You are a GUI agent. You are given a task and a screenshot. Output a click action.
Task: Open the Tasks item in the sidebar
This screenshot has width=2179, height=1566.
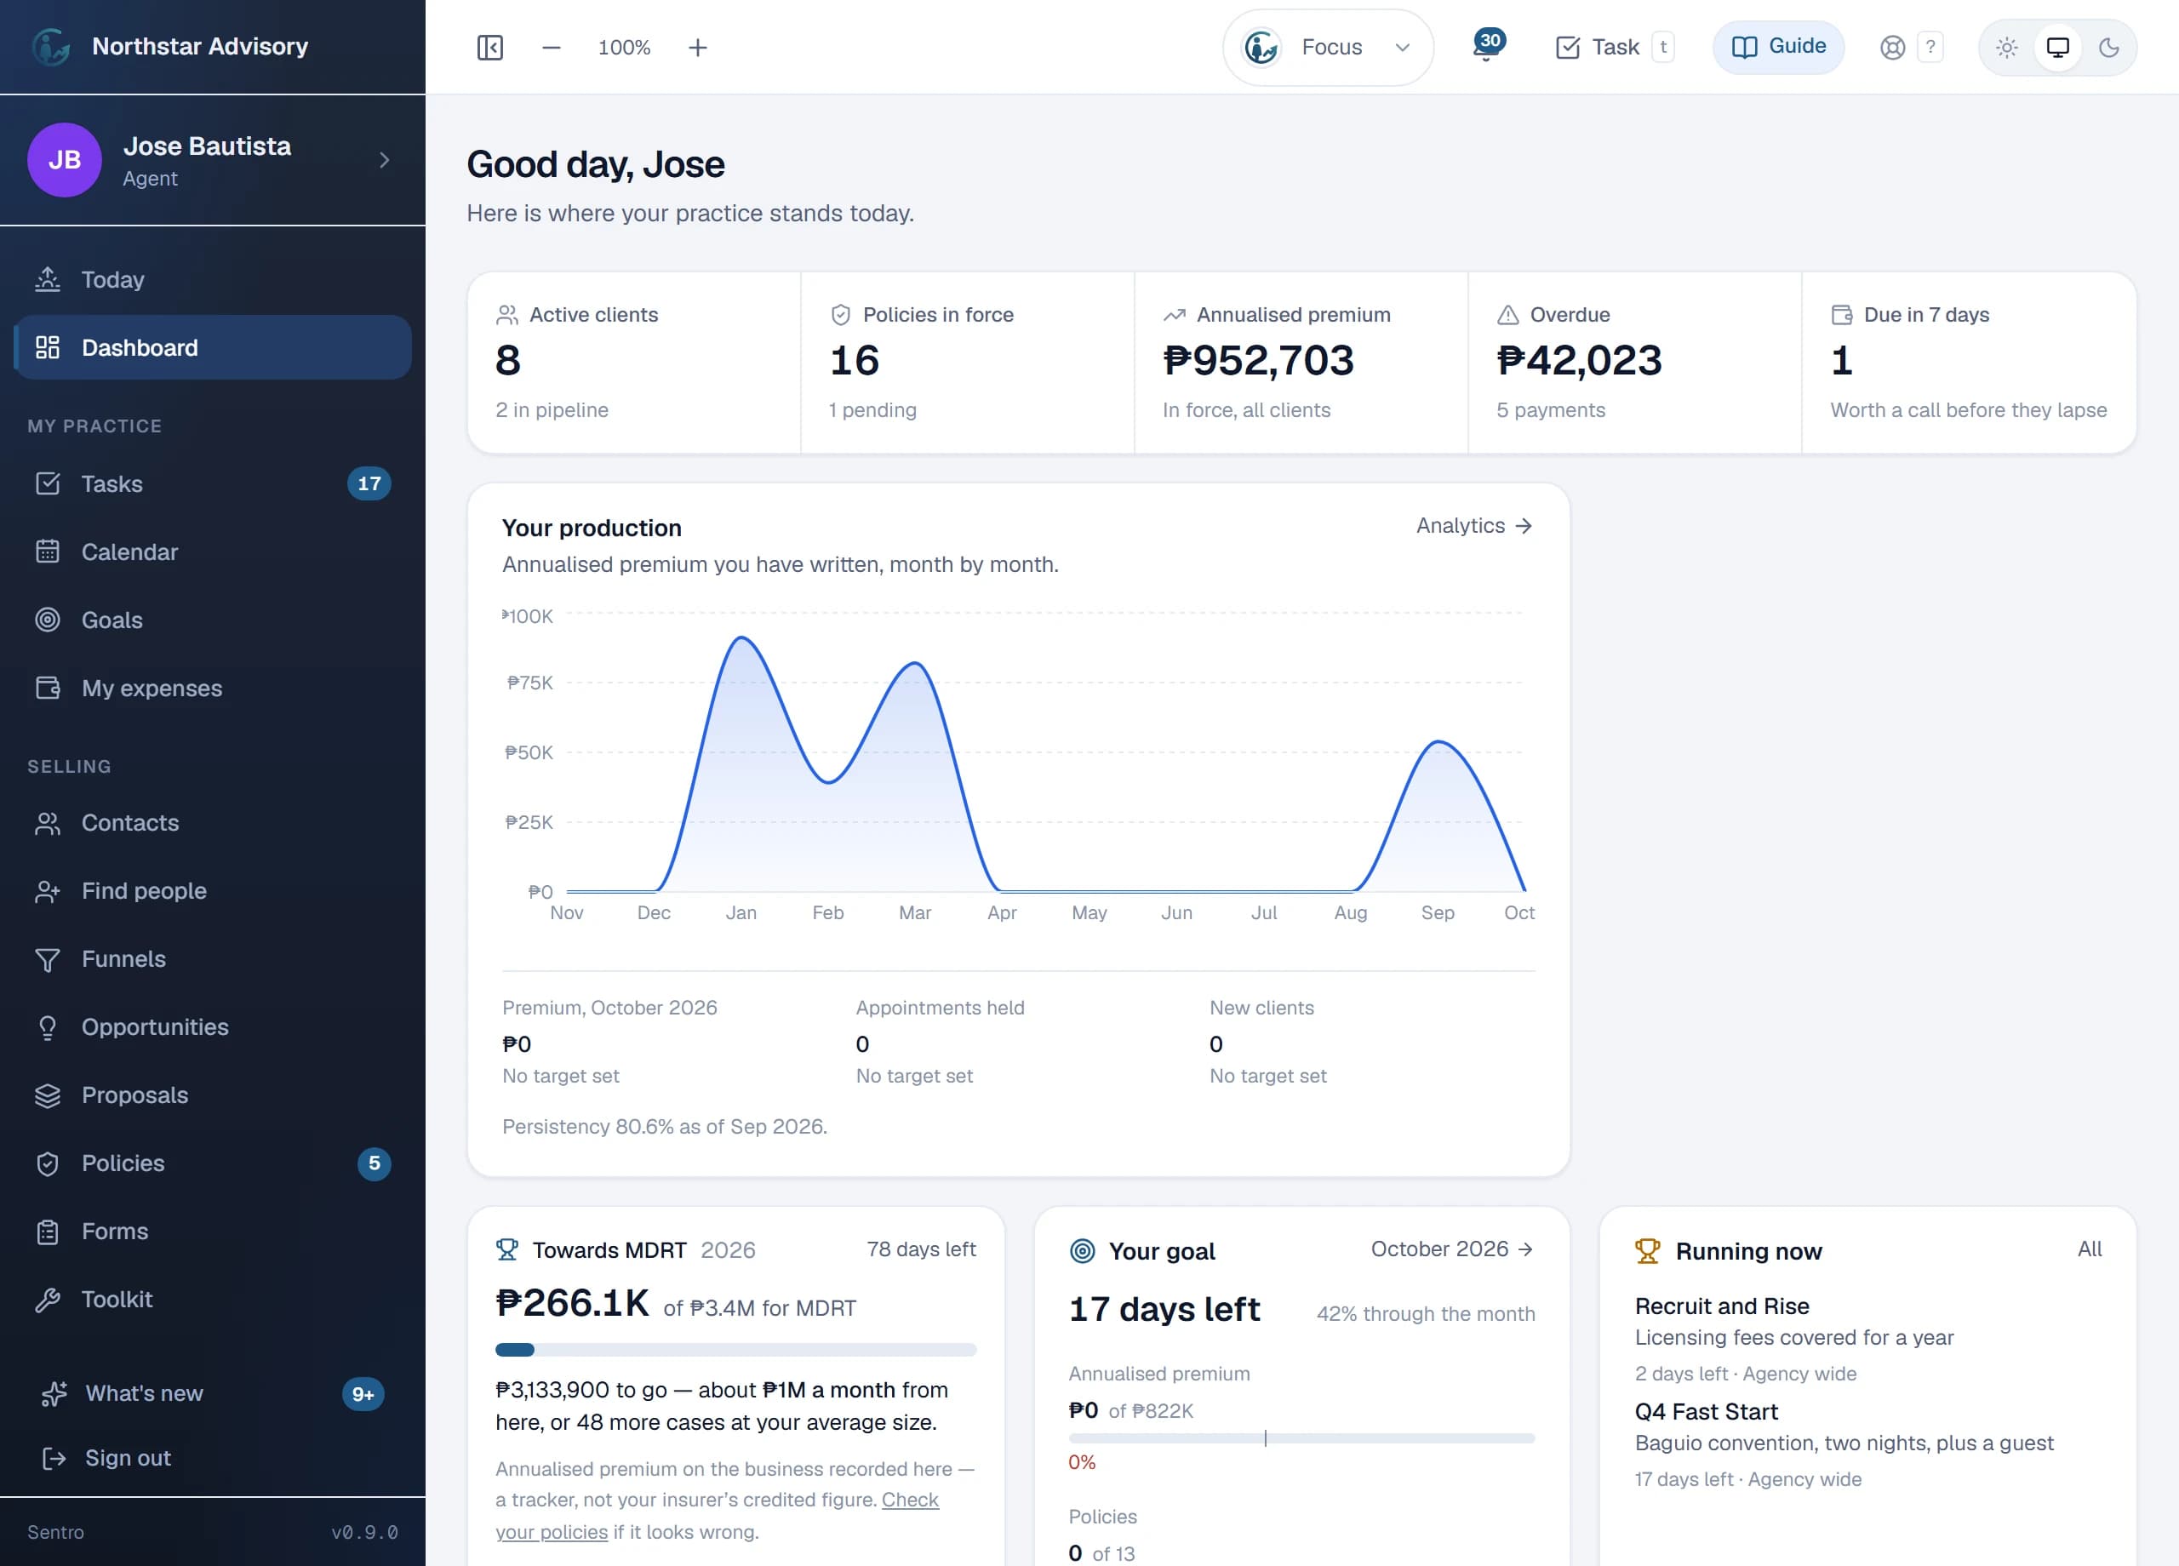point(112,483)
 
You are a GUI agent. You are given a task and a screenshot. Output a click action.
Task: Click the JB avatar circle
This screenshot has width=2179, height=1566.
point(65,159)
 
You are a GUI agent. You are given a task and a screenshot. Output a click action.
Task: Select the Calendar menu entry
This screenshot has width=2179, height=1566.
point(129,552)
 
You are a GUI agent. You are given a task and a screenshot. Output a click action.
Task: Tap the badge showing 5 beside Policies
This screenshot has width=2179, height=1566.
point(374,1163)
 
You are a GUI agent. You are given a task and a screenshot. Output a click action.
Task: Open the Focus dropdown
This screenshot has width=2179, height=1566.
point(1328,47)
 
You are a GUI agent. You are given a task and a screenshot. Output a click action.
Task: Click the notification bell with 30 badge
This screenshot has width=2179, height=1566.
point(1487,46)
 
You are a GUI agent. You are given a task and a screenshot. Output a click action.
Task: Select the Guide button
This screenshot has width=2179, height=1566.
point(1777,46)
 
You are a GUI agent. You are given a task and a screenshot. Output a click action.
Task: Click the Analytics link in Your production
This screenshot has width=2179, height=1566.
point(1473,525)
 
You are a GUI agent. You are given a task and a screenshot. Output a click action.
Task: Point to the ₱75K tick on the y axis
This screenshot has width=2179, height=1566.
point(529,683)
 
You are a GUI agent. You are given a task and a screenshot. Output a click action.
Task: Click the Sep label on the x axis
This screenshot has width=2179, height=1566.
point(1438,912)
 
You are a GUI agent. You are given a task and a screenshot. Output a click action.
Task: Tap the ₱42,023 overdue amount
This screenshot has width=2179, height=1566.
point(1579,360)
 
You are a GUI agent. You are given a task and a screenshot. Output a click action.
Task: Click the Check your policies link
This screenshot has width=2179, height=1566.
point(717,1515)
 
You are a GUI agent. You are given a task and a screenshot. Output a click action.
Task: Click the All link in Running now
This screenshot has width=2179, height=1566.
point(2089,1249)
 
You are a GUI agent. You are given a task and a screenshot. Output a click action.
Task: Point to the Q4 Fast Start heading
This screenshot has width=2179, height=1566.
point(1706,1411)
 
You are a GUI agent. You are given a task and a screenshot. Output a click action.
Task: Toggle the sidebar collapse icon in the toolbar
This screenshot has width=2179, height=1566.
point(490,47)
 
